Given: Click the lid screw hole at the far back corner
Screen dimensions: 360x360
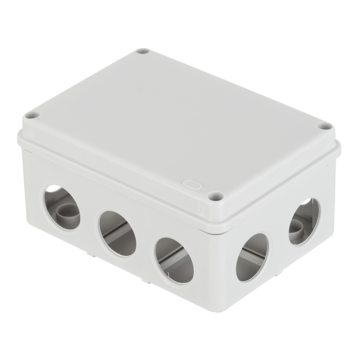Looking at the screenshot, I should [143, 51].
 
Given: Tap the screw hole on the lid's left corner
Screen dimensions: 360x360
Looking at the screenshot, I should [32, 115].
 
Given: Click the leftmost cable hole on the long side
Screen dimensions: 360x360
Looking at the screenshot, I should [62, 207].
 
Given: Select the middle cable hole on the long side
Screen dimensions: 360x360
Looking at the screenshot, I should [117, 233].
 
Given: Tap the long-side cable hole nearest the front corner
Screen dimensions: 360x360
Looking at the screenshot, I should [175, 260].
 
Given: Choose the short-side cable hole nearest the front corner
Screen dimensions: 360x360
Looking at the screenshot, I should [252, 257].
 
